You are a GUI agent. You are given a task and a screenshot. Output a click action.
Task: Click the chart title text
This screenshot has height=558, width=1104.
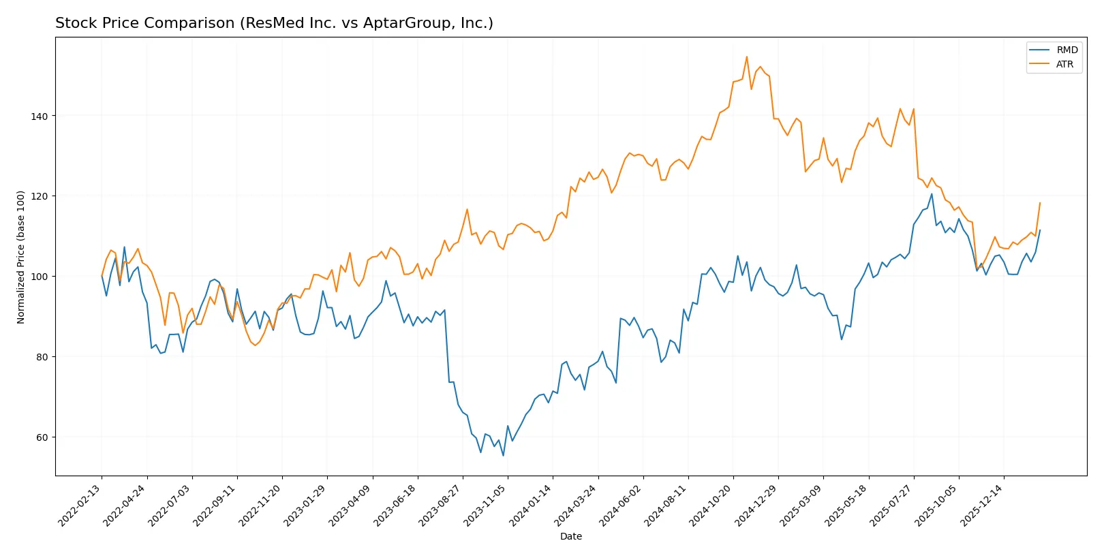pyautogui.click(x=274, y=23)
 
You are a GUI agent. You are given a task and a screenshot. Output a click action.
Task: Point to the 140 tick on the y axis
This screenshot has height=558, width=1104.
pyautogui.click(x=40, y=117)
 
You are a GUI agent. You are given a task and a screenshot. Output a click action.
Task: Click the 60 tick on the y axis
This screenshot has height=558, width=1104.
pyautogui.click(x=42, y=437)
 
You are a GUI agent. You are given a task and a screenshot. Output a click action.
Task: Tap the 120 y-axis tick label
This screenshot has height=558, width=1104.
pyautogui.click(x=40, y=196)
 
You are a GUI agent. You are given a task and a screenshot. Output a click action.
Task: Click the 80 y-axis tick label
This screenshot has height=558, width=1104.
pyautogui.click(x=42, y=357)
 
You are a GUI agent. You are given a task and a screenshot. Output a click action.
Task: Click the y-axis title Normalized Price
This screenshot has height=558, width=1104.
pyautogui.click(x=21, y=257)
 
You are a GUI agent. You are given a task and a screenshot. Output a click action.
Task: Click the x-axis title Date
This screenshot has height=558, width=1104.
pyautogui.click(x=570, y=536)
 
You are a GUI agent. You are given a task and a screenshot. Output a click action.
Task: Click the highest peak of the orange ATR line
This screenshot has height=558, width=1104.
pyautogui.click(x=747, y=57)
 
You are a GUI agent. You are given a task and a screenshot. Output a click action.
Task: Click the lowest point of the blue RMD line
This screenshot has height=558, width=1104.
pyautogui.click(x=503, y=455)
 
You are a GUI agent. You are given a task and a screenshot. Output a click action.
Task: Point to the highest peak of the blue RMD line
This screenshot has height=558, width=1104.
pyautogui.click(x=932, y=194)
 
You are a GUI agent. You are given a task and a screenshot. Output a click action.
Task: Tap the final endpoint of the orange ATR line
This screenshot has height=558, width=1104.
pyautogui.click(x=1040, y=202)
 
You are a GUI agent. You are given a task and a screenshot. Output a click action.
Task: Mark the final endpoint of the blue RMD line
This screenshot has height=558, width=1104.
pyautogui.click(x=1040, y=230)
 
